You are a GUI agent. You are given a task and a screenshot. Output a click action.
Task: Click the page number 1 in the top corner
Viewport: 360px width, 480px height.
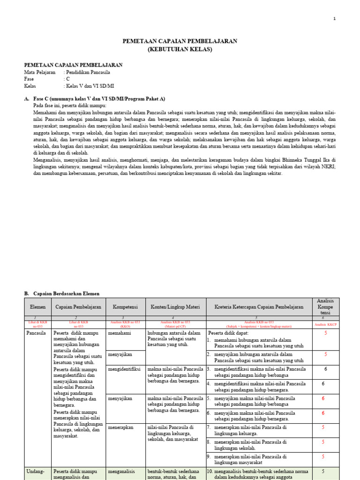coord(334,19)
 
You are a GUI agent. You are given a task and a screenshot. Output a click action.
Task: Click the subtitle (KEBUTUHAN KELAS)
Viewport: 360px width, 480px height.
coord(180,49)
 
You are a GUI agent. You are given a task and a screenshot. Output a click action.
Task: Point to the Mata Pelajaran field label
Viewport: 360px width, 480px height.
coord(39,73)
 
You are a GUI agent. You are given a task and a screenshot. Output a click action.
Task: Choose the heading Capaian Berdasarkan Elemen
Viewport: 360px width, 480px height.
coord(66,293)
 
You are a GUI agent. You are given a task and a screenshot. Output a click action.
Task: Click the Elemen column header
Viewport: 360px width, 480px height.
coord(37,307)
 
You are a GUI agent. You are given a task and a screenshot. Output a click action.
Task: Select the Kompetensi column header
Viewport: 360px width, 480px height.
coord(126,307)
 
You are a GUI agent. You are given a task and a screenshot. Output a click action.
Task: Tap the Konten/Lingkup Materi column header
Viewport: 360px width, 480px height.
coord(175,307)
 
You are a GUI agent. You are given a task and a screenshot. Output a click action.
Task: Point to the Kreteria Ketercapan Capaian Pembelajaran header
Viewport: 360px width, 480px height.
coord(259,307)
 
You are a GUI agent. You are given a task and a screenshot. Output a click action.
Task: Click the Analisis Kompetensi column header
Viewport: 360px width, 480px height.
coord(325,307)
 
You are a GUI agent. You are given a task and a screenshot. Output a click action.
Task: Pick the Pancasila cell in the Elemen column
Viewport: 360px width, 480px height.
coord(36,333)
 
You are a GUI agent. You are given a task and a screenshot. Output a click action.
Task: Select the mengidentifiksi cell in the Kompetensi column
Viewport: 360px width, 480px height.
coord(124,370)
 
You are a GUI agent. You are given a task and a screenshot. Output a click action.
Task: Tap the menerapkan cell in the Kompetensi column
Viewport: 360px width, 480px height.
coord(120,427)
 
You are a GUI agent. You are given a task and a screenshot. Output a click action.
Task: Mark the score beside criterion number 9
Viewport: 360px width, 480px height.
coord(322,457)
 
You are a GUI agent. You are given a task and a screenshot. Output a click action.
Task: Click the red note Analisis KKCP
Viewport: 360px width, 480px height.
coord(325,324)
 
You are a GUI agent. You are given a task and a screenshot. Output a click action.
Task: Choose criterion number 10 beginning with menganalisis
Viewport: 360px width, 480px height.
coord(259,474)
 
